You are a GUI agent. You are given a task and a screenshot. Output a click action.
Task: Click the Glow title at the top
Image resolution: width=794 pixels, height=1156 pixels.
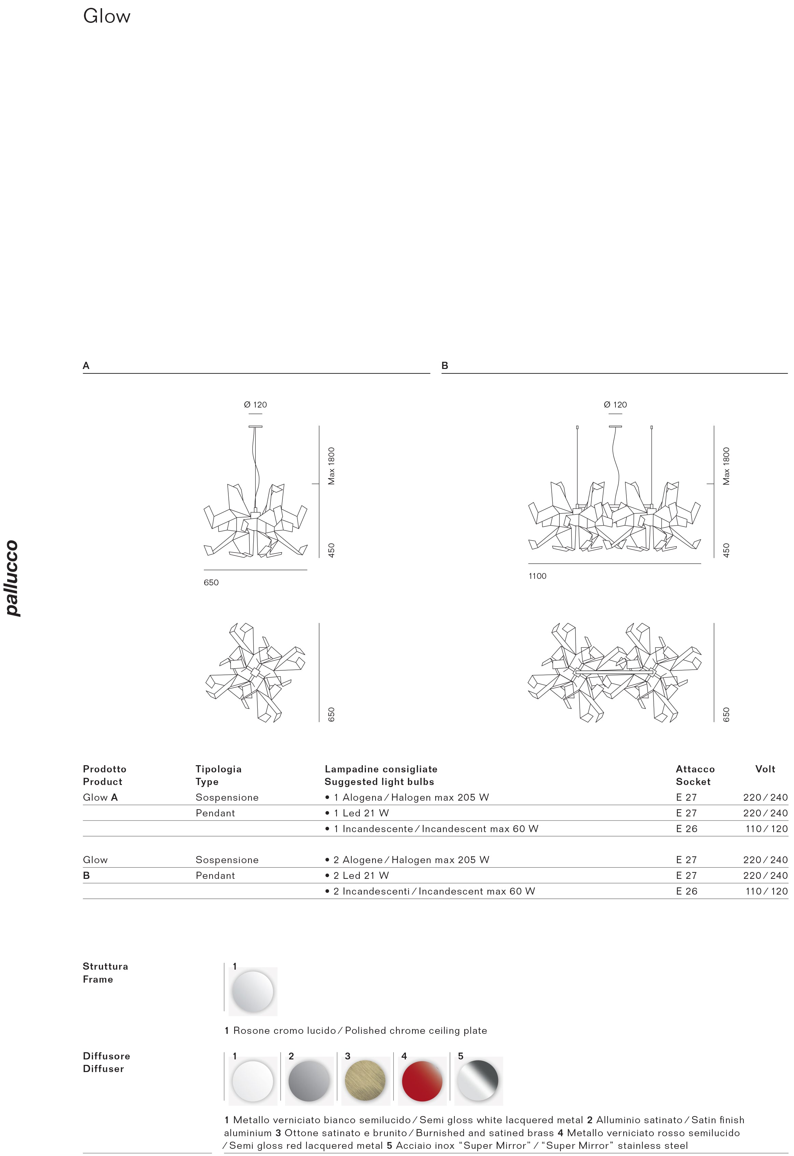(107, 16)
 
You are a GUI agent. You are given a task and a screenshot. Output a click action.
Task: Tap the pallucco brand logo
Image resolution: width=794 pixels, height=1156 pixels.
(12, 578)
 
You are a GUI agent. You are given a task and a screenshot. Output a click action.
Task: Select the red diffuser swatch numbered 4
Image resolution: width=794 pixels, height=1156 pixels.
(422, 1081)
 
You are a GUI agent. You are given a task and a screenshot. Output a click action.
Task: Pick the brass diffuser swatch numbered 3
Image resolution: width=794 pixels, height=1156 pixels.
(365, 1081)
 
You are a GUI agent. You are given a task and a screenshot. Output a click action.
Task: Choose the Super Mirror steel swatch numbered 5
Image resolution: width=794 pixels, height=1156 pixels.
(478, 1081)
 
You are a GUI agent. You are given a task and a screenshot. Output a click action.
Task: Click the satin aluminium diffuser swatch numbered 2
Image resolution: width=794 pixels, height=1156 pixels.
(309, 1081)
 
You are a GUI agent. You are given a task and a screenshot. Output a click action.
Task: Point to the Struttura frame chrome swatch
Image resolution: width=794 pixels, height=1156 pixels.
(253, 991)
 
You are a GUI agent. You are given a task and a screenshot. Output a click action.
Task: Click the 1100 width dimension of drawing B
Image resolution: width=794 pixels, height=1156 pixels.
(537, 576)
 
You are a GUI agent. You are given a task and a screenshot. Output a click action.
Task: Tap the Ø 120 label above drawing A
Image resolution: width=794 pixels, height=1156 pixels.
(255, 405)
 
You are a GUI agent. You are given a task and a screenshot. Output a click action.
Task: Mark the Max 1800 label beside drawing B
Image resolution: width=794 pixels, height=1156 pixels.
(726, 466)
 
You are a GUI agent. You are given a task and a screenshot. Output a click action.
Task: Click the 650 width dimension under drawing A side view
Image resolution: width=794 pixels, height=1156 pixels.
(211, 583)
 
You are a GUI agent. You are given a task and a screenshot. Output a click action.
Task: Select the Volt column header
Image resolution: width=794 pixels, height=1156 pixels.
(765, 769)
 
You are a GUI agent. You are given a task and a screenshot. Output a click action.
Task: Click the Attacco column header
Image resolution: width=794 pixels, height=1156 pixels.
(695, 769)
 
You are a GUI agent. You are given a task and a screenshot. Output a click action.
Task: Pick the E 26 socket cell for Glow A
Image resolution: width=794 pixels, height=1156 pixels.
(686, 829)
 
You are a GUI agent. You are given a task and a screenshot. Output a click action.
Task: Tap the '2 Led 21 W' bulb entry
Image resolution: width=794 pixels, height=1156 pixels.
(361, 875)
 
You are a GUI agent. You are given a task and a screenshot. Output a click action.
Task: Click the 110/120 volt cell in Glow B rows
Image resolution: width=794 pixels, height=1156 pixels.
(766, 891)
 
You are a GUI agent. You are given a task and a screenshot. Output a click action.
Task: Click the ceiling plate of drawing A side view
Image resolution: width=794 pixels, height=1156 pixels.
(255, 427)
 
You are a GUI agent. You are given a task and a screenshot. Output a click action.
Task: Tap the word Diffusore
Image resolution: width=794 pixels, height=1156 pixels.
(107, 1056)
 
